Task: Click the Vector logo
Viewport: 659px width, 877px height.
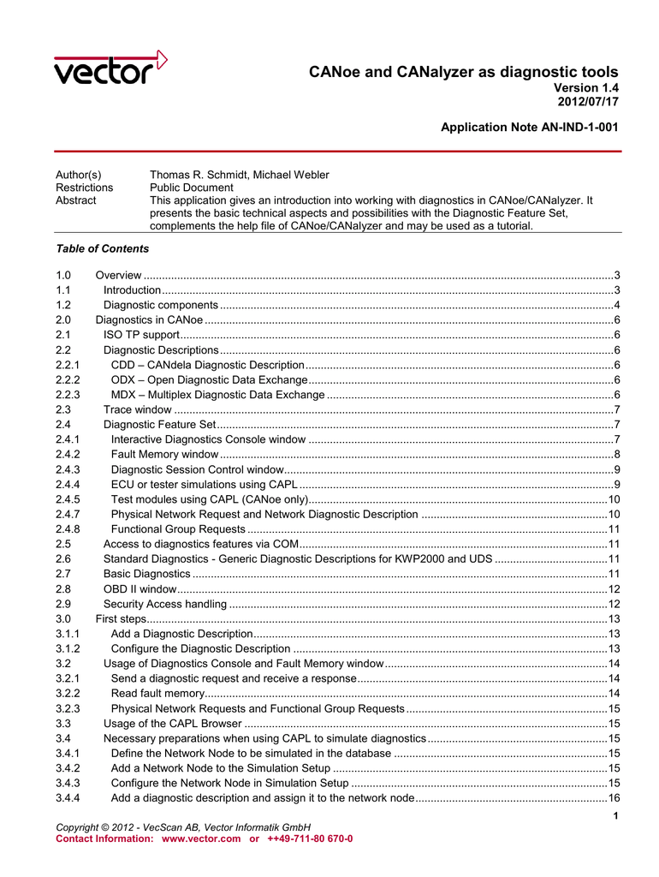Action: point(110,68)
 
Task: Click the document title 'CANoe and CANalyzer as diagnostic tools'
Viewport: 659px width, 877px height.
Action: point(463,73)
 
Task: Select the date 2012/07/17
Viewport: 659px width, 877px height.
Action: point(588,102)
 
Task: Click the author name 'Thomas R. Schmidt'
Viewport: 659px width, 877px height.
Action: point(199,175)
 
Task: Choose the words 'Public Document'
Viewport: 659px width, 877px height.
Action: point(191,187)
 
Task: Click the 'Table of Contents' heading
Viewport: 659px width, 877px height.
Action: point(102,249)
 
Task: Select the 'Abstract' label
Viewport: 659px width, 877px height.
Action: point(76,200)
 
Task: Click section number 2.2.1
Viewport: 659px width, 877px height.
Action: point(68,365)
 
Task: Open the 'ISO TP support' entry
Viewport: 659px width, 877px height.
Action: point(140,334)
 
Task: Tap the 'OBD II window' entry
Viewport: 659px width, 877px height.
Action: point(140,589)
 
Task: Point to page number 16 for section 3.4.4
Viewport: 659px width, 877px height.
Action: point(614,798)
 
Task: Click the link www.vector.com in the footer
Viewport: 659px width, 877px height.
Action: point(201,838)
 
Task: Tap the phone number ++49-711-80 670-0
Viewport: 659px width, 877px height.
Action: point(310,838)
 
